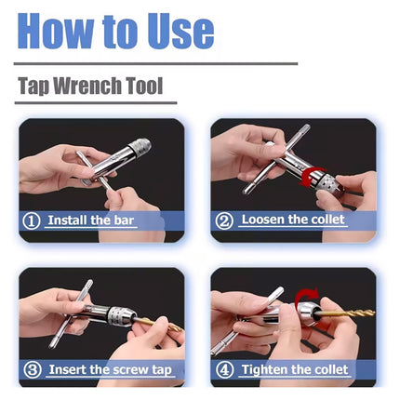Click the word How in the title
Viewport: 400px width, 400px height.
coord(57,30)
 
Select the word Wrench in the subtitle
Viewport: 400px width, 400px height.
coord(90,87)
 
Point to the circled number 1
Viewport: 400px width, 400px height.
coord(32,221)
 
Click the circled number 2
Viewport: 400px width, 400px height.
coord(224,221)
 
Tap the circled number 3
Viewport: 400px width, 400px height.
coord(32,369)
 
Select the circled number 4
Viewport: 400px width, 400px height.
coord(224,369)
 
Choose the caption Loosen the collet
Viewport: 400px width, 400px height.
coord(292,220)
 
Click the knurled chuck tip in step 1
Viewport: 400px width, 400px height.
coord(141,147)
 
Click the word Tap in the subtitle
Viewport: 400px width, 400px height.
coord(35,87)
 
